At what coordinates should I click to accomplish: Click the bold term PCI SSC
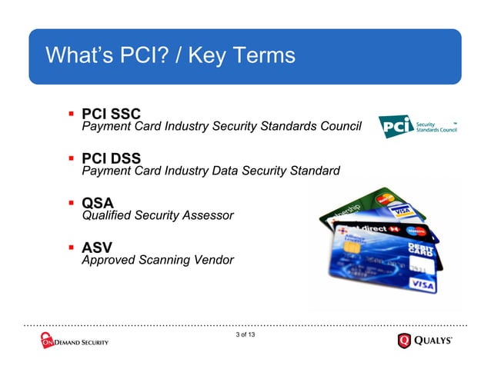[x=111, y=115]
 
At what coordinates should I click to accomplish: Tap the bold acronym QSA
[x=98, y=204]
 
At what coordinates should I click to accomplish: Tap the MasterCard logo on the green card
[x=384, y=202]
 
